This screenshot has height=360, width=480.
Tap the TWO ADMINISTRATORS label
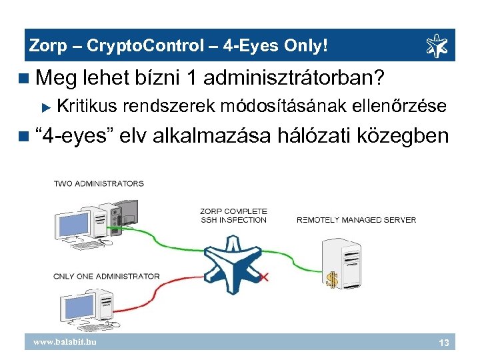[99, 183]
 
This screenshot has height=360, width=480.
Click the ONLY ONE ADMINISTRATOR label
[107, 276]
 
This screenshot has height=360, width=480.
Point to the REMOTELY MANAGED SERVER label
[356, 220]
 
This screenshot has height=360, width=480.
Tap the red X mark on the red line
[263, 275]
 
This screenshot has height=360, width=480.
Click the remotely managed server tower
[337, 261]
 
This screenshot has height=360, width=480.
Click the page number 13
[443, 342]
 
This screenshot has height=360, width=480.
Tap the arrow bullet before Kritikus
[46, 106]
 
